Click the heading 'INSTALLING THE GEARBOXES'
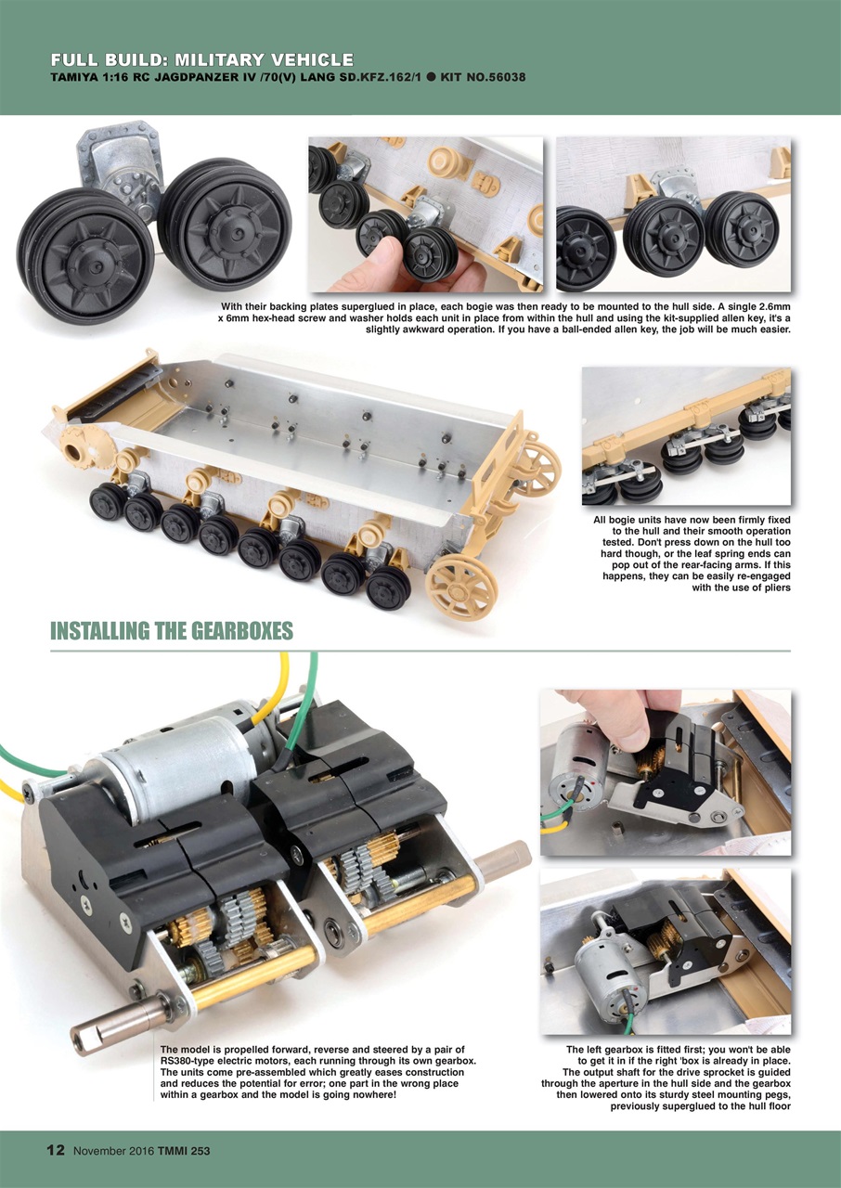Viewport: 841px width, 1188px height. click(171, 632)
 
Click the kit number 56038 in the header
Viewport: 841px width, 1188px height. click(500, 76)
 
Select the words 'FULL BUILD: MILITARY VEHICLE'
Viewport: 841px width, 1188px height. click(201, 59)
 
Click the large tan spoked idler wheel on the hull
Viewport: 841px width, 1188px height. click(461, 586)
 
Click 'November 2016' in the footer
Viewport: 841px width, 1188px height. click(114, 1151)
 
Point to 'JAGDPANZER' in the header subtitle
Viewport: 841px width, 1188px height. click(211, 76)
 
